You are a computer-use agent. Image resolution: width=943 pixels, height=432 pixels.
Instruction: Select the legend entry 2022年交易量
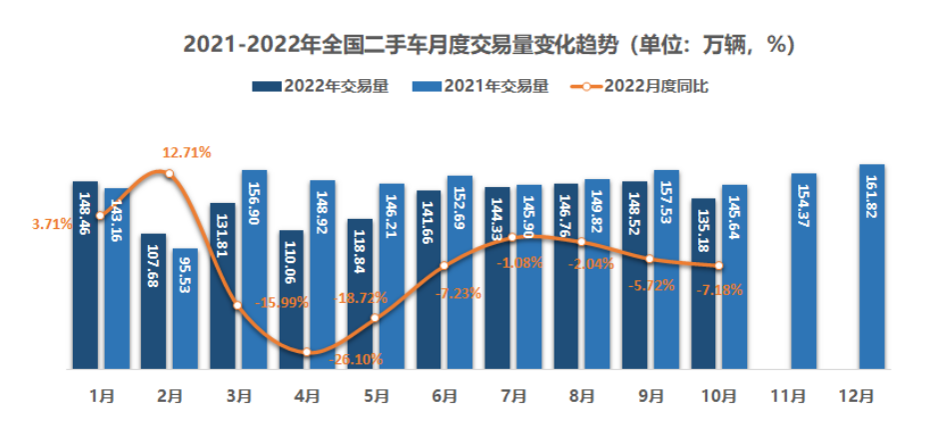[321, 86]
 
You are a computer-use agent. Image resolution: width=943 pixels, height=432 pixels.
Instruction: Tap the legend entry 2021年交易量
[481, 86]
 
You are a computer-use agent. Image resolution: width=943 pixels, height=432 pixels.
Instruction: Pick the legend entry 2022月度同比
[640, 86]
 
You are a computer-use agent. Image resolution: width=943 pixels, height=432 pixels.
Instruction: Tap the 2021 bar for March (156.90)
[254, 269]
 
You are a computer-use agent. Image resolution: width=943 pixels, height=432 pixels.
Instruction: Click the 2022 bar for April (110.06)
[292, 300]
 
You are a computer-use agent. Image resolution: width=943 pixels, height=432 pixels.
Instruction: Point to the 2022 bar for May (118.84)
[361, 294]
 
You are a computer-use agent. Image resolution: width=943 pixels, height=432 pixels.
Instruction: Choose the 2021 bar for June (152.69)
[460, 272]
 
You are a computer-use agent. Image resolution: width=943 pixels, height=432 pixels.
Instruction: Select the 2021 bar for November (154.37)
[804, 271]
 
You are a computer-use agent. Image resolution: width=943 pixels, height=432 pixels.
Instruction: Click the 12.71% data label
[187, 152]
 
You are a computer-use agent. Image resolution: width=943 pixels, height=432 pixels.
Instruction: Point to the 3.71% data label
[52, 225]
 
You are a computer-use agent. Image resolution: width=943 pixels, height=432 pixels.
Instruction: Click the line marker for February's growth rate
[170, 174]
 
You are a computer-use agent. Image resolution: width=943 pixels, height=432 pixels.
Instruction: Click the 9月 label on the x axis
[650, 396]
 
